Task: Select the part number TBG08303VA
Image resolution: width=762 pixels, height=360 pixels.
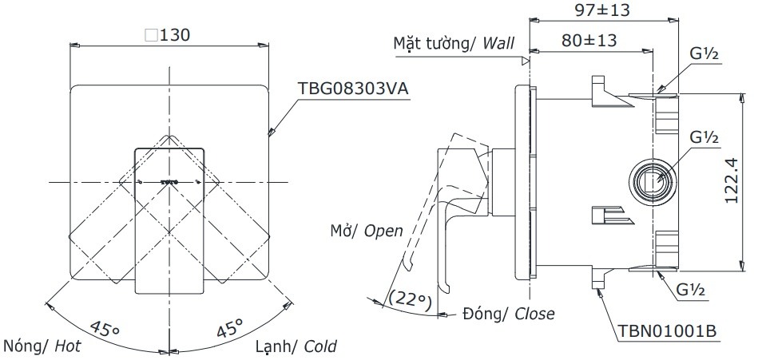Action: click(352, 89)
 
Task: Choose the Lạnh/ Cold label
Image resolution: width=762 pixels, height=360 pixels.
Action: click(296, 346)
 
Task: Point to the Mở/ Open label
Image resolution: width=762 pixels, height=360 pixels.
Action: click(367, 231)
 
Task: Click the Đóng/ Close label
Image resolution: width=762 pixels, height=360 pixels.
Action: click(508, 315)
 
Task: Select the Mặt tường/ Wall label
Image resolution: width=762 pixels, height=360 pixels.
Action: click(454, 42)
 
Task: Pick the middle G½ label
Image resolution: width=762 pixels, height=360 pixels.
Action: click(704, 137)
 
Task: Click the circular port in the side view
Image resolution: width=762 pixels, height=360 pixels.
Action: click(654, 181)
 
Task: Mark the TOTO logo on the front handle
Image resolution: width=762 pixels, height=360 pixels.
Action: click(168, 182)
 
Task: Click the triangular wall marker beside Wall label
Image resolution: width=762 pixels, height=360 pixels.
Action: click(525, 60)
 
